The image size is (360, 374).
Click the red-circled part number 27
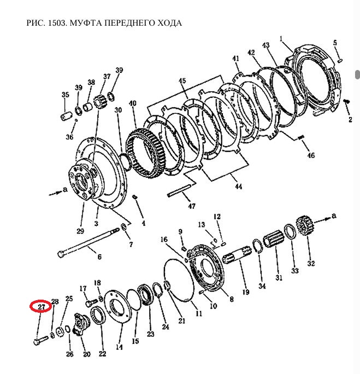(40, 306)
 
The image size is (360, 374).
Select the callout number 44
(239, 186)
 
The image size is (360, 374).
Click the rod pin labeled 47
(180, 191)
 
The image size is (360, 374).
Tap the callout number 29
(81, 231)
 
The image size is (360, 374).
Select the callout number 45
(182, 81)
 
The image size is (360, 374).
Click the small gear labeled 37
(100, 101)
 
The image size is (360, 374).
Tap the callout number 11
(199, 313)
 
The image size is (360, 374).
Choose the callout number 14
(119, 347)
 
